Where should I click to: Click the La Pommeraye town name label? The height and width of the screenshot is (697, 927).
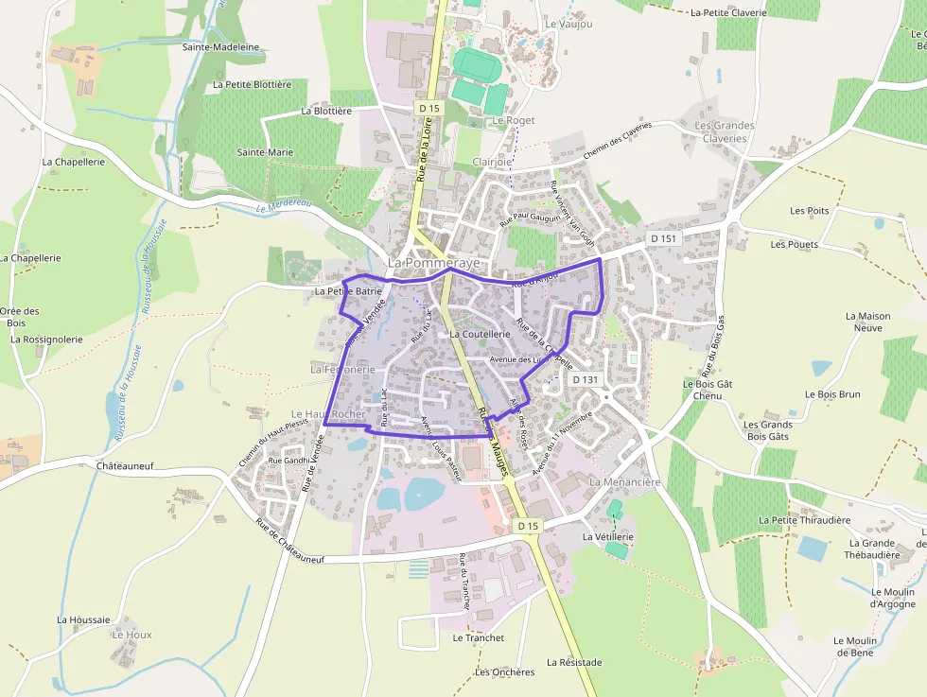click(434, 261)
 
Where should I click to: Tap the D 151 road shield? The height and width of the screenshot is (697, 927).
click(664, 239)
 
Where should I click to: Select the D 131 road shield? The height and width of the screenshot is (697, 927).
click(586, 379)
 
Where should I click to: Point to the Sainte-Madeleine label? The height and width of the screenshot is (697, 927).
click(220, 46)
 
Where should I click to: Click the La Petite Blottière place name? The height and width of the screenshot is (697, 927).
click(253, 84)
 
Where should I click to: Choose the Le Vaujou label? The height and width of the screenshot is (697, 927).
click(568, 24)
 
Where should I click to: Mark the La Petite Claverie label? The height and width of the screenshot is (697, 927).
click(728, 13)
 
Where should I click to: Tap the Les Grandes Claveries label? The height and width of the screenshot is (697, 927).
click(725, 131)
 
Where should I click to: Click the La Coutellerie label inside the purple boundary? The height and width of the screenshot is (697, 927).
click(481, 334)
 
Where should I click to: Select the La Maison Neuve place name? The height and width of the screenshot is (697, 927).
click(867, 322)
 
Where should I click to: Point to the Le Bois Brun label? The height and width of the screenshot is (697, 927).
click(832, 394)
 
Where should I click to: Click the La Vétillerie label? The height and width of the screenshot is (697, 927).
click(607, 536)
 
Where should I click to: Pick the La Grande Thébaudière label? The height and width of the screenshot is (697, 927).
click(872, 549)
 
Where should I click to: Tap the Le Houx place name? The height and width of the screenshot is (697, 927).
click(131, 635)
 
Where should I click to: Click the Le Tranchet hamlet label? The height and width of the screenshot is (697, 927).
click(478, 637)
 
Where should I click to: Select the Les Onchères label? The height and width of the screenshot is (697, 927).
click(505, 672)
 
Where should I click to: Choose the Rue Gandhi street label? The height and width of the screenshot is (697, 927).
click(289, 461)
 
